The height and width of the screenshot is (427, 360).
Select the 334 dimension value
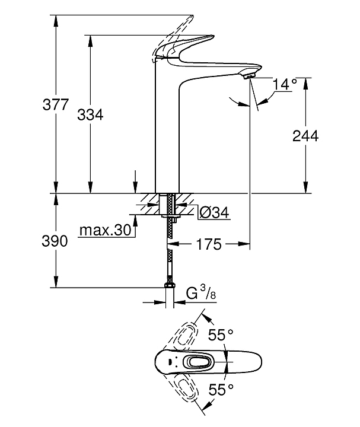tap(90, 115)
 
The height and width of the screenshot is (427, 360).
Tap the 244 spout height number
tap(305, 136)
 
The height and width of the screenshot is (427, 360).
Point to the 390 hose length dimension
tap(55, 241)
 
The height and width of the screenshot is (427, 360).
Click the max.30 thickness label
tap(105, 230)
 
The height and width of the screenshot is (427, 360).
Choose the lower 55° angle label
tap(220, 390)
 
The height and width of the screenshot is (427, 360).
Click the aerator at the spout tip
tap(249, 75)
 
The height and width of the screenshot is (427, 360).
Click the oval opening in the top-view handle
tap(196, 361)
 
